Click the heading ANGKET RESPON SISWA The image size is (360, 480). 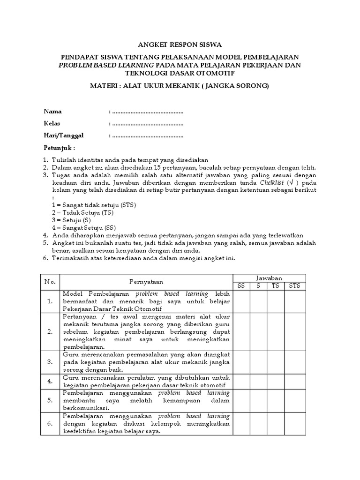180,45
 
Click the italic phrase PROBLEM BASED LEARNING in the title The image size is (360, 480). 106,65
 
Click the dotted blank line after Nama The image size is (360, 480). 147,112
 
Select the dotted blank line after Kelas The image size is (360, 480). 147,124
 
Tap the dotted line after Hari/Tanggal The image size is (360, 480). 147,136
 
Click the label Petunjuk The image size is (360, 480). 60,148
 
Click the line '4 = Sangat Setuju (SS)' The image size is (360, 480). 84,227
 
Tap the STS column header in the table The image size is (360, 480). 294,286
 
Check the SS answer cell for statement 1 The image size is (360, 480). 241,301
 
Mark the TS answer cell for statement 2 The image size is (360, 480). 275,332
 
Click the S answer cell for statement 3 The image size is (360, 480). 258,362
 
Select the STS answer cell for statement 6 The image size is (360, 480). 294,424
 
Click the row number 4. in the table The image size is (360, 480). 49,381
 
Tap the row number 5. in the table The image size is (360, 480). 49,400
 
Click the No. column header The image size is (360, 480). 50,282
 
